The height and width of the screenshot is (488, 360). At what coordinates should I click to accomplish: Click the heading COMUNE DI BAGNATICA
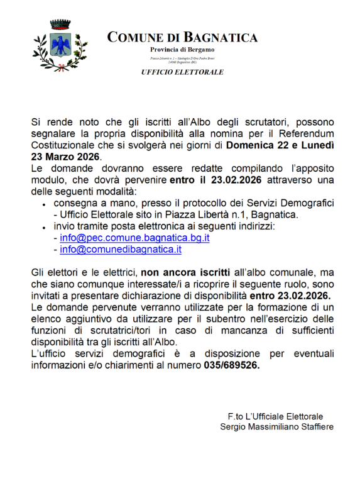click(x=182, y=38)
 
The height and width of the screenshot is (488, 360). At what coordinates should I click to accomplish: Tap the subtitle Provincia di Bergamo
click(x=182, y=50)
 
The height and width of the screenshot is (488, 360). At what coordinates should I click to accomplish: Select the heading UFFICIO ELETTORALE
click(x=182, y=72)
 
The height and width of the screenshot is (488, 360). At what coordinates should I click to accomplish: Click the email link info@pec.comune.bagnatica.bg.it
click(x=134, y=238)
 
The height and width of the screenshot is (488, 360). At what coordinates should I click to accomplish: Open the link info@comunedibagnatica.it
click(x=121, y=250)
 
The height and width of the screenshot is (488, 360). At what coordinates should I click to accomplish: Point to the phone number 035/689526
click(x=231, y=365)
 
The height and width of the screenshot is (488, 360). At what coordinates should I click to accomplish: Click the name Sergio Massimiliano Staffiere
click(x=277, y=427)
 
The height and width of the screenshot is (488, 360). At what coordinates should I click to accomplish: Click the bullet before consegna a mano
click(x=44, y=205)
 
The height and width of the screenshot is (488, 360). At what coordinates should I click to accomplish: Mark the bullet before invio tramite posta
click(x=44, y=228)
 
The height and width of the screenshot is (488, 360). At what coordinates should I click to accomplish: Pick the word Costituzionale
click(x=65, y=145)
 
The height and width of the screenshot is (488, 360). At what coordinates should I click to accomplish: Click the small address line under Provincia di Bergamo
click(x=182, y=60)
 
